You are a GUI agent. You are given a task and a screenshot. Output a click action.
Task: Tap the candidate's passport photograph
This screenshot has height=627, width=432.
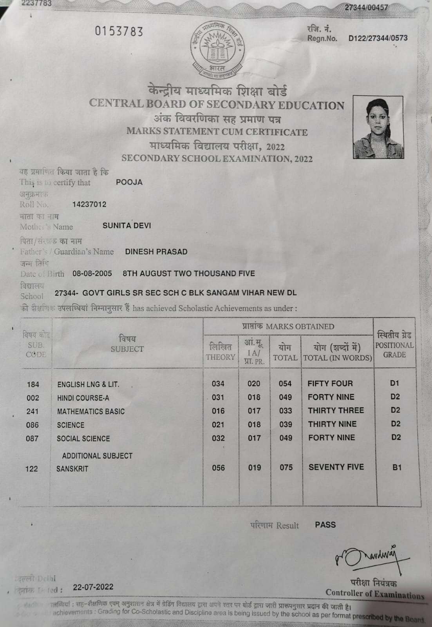[x=378, y=127]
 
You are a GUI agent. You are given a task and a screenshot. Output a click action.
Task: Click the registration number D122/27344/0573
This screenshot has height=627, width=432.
[x=378, y=38]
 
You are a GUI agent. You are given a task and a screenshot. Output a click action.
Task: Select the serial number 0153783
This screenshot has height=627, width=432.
[x=119, y=31]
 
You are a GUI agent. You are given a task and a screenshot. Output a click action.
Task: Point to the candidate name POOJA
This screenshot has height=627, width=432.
[x=129, y=182]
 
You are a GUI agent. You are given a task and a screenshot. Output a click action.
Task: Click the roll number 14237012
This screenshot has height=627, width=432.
[x=89, y=204]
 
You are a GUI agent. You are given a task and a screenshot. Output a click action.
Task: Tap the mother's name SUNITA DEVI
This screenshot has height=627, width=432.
[x=127, y=225]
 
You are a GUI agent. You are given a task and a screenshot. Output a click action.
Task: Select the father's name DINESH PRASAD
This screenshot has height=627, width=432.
[x=156, y=252]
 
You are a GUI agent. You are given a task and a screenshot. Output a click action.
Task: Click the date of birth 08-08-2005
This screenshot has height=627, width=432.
[x=92, y=273]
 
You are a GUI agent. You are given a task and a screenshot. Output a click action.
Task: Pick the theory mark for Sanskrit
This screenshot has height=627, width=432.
[x=219, y=468]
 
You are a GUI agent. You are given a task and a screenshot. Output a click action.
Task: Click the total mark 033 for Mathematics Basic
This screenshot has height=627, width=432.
[x=286, y=411]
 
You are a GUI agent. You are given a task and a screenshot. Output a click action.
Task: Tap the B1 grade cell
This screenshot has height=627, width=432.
[x=397, y=467]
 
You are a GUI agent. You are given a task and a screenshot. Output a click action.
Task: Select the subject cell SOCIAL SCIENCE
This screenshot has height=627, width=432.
[x=83, y=439]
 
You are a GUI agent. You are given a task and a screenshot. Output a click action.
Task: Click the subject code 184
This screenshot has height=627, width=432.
[x=33, y=384]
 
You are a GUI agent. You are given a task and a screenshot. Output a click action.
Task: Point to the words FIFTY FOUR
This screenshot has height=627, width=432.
[x=330, y=383]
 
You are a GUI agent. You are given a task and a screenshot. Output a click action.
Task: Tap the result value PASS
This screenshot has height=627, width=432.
[x=325, y=525]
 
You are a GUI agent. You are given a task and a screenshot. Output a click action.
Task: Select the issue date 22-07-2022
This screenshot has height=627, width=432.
[x=93, y=587]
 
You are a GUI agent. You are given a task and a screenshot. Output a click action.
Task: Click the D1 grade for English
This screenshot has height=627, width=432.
[x=394, y=383]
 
